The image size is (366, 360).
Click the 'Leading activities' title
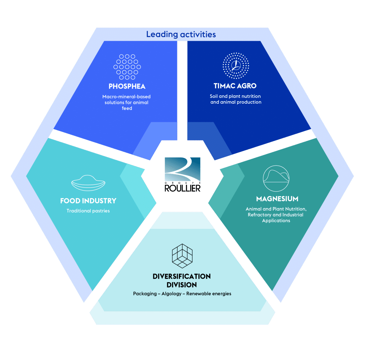[181, 34]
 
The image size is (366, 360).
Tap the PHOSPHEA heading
[127, 86]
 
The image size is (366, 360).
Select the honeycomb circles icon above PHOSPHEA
[127, 67]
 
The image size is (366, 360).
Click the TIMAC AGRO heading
[235, 86]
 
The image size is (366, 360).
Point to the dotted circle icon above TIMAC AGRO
[236, 66]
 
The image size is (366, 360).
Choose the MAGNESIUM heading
[277, 199]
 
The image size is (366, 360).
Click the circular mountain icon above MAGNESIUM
[276, 178]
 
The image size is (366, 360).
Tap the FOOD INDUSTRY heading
[88, 201]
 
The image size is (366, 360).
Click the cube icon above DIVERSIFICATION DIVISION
[182, 255]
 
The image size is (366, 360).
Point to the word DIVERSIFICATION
[181, 277]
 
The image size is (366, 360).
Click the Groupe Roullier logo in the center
[183, 175]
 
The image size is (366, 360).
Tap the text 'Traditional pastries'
[88, 211]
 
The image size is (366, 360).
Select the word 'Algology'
[171, 294]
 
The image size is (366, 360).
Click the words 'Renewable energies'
[209, 294]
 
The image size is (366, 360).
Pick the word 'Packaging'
[145, 294]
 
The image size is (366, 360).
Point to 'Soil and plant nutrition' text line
[235, 96]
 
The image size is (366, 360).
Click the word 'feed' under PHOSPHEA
[127, 108]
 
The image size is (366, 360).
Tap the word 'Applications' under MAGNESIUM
[276, 221]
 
